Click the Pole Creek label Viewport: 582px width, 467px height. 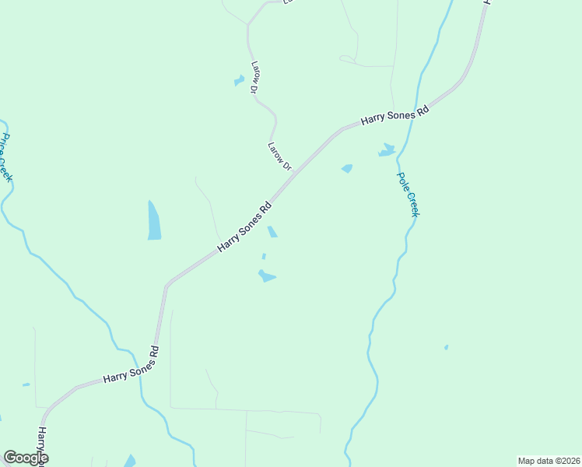pos(408,194)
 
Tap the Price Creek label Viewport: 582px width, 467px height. pos(6,157)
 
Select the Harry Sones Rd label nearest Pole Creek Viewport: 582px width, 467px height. pos(395,117)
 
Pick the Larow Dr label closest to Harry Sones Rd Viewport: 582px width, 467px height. pos(279,156)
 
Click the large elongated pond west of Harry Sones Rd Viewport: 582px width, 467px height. pos(154,221)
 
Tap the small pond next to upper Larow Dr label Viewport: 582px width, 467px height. pos(239,80)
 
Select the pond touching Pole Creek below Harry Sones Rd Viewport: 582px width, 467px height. pos(387,149)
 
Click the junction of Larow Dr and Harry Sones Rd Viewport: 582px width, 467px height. pos(294,174)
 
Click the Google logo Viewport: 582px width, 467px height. pos(26,458)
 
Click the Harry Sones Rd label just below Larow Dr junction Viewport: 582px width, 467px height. pos(244,226)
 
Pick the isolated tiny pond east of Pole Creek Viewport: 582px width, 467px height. pos(446,347)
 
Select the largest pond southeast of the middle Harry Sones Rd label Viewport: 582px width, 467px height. pos(266,276)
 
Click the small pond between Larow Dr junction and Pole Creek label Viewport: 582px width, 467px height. pos(347,168)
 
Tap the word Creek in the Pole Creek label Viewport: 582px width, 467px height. pos(412,204)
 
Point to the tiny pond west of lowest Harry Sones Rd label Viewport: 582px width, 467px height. pos(26,384)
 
